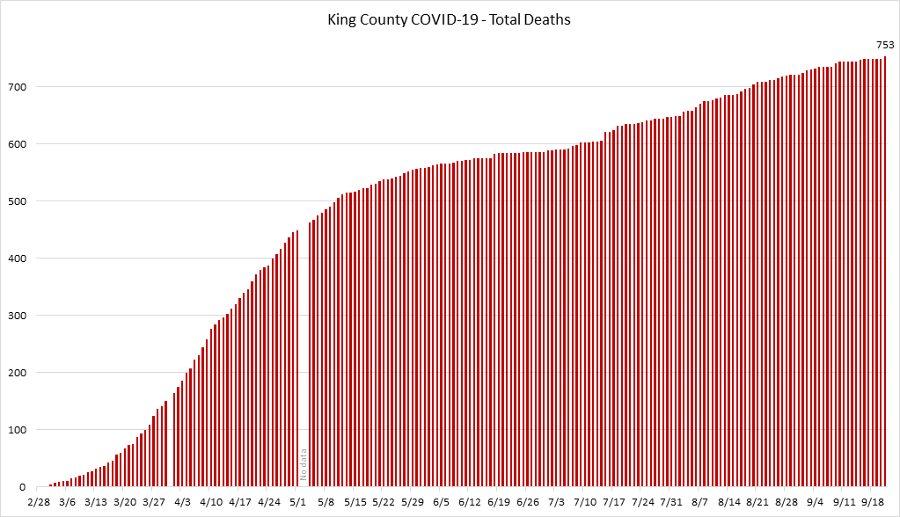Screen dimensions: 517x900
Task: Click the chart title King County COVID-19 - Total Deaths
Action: coord(449,19)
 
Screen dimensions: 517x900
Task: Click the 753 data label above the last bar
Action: coord(884,45)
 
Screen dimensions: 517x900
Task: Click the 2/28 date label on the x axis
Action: coord(38,502)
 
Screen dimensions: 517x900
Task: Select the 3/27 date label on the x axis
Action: coord(153,502)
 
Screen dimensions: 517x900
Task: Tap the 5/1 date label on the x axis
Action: coord(297,502)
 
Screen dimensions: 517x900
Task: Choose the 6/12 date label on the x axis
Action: coord(470,502)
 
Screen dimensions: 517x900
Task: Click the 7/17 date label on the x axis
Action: coord(614,502)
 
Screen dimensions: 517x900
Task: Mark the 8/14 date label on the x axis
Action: coord(729,502)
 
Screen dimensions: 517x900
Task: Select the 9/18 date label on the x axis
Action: coord(874,502)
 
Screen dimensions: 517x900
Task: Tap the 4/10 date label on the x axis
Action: coord(211,502)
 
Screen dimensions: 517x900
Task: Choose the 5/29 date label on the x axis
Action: coord(413,502)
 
